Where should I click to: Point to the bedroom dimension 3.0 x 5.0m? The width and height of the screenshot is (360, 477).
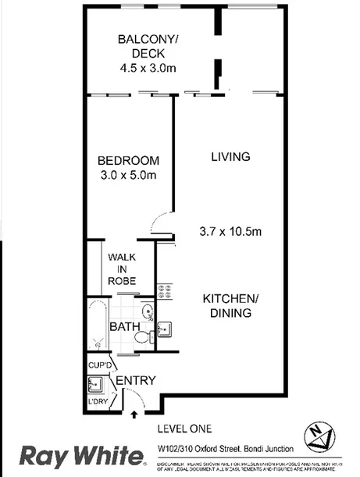(x=128, y=176)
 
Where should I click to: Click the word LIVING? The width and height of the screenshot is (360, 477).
(x=230, y=157)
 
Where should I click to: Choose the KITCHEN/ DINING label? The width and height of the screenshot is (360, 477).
(x=230, y=306)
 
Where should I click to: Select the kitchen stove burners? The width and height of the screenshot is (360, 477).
(x=165, y=292)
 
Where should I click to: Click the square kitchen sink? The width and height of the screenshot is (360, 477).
(x=165, y=329)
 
